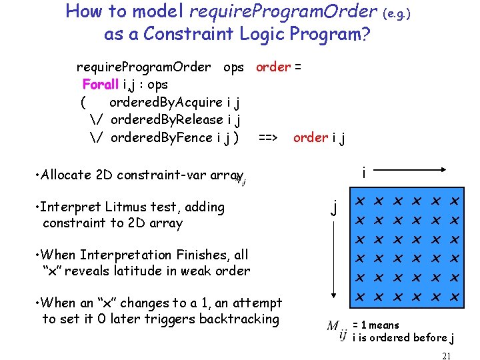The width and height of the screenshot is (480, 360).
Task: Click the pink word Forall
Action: point(101,85)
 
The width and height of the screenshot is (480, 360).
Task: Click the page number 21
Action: point(446,356)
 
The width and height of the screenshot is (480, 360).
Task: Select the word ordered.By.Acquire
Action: point(166,102)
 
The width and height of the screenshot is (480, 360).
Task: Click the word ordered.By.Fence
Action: point(161,138)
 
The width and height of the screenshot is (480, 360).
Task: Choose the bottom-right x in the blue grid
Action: point(456,296)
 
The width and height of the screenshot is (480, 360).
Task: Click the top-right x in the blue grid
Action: point(456,201)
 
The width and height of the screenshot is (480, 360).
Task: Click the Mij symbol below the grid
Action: point(337,329)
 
